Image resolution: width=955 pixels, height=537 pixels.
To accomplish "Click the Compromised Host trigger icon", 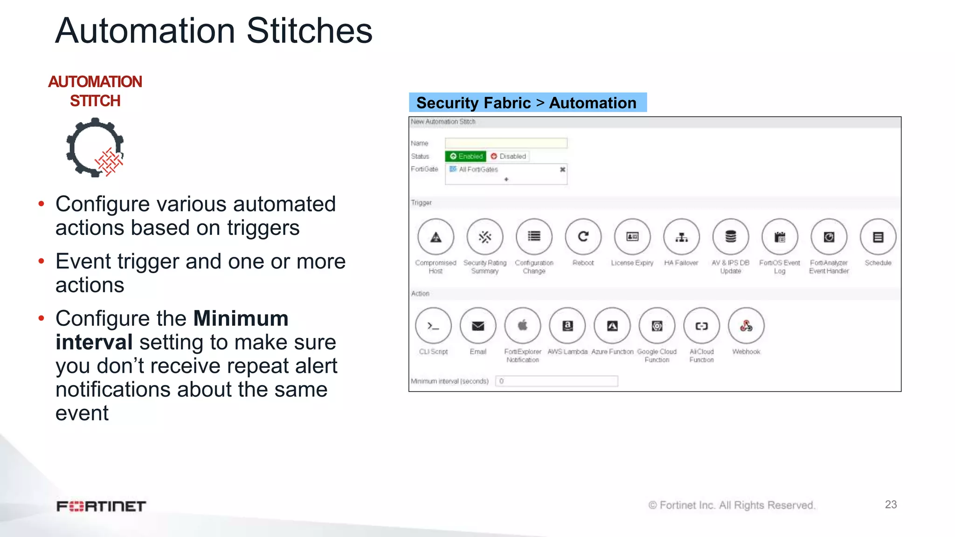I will [x=436, y=237].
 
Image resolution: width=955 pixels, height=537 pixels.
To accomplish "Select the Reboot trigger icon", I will [x=583, y=237].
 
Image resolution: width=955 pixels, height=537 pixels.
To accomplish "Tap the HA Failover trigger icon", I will [x=681, y=237].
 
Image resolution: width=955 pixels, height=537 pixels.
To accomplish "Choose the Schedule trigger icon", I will [x=878, y=237].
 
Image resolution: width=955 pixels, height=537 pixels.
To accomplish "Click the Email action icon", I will [x=477, y=326].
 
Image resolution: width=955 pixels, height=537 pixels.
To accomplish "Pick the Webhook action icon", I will [x=746, y=326].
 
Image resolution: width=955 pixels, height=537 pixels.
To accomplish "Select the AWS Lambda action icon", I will [x=567, y=326].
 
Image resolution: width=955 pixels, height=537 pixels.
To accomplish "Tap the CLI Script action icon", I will [x=433, y=326].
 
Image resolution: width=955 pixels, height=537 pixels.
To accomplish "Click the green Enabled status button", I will [x=465, y=156].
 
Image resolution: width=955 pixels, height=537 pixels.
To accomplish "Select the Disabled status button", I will [x=508, y=156].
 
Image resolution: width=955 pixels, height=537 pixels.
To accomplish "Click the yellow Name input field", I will [x=506, y=143].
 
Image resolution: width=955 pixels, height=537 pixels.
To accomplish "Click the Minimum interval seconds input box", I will [x=556, y=381].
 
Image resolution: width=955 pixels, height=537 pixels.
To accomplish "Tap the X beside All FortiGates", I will [x=562, y=170].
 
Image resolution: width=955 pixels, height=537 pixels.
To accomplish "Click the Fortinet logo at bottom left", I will [x=101, y=506].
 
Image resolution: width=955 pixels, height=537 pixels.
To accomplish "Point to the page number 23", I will [x=891, y=504].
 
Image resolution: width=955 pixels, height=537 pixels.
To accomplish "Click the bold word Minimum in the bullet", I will [x=241, y=319].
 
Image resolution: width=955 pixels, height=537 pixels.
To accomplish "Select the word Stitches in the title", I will [x=309, y=31].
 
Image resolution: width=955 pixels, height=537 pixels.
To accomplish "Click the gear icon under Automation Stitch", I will [x=95, y=147].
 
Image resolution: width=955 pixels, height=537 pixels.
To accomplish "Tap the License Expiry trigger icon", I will [x=632, y=237].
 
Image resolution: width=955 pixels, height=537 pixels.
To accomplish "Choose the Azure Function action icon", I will [x=612, y=326].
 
